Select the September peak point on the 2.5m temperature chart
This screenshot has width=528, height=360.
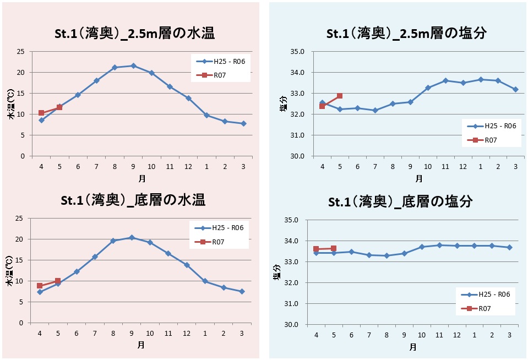tap(133, 66)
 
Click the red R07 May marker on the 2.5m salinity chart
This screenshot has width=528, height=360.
tap(340, 96)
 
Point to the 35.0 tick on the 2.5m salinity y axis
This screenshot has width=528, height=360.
tap(298, 52)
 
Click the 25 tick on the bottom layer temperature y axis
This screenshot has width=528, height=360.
tap(19, 219)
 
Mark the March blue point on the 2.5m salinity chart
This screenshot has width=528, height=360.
tap(515, 89)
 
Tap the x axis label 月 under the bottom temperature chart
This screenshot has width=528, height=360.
tap(141, 345)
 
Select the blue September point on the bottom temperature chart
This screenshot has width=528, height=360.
tap(131, 238)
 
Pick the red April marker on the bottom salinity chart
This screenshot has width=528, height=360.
tap(316, 249)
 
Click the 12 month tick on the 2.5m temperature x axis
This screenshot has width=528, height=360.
tap(188, 167)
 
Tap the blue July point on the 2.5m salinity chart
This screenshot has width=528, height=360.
tap(375, 110)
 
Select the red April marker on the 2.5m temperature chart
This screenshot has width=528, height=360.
tap(41, 113)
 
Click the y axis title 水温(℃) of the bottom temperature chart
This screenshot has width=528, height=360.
tap(9, 271)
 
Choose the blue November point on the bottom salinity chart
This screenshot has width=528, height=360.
tap(439, 245)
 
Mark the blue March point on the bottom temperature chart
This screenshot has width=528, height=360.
tap(242, 291)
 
